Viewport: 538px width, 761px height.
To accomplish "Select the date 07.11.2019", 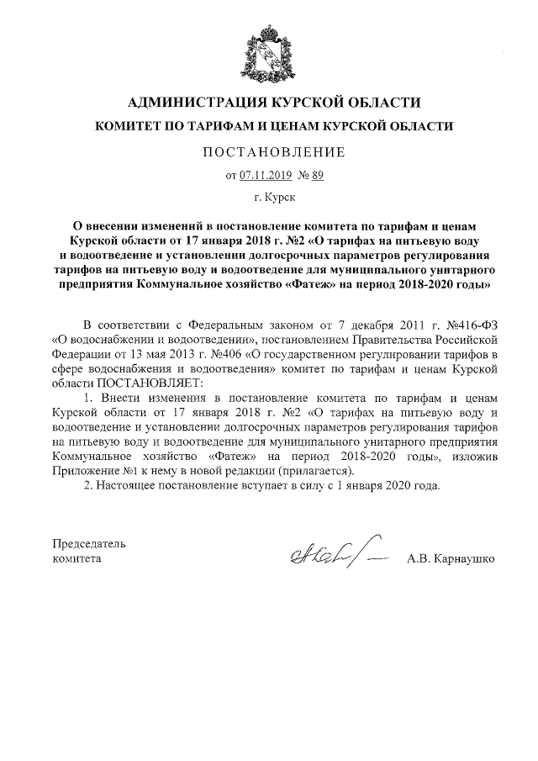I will point(264,176).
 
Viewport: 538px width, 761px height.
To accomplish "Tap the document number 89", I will point(317,176).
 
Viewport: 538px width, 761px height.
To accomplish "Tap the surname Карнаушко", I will point(466,558).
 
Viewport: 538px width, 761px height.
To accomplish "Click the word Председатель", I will point(89,542).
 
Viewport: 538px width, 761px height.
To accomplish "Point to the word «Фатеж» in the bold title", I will point(314,285).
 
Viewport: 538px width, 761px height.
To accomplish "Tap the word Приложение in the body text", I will point(84,471).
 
